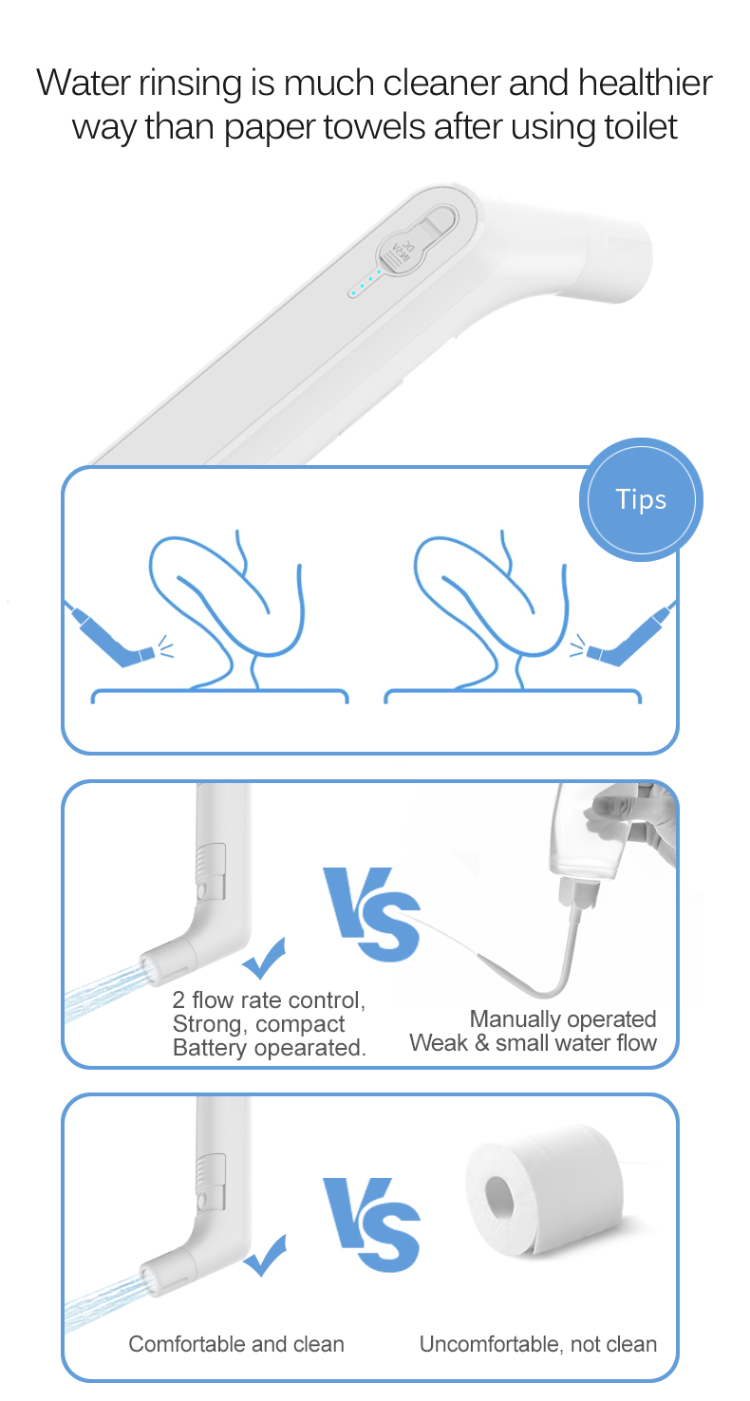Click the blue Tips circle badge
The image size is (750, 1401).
coord(641,499)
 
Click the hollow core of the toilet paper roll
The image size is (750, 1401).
coord(499,1198)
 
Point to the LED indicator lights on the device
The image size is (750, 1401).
coord(366,282)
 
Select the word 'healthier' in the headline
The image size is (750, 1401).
coord(645,83)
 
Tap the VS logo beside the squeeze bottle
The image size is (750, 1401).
coord(371,914)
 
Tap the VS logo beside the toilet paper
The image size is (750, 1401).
coord(371,1224)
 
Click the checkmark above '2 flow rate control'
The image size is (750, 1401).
coord(264,959)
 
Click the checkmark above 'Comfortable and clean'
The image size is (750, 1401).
coord(265,1255)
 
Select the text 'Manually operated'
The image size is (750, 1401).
coord(563,1019)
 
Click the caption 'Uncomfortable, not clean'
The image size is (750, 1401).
coord(538,1344)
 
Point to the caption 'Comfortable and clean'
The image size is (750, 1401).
coord(236,1344)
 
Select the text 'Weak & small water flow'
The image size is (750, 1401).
coord(534,1043)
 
